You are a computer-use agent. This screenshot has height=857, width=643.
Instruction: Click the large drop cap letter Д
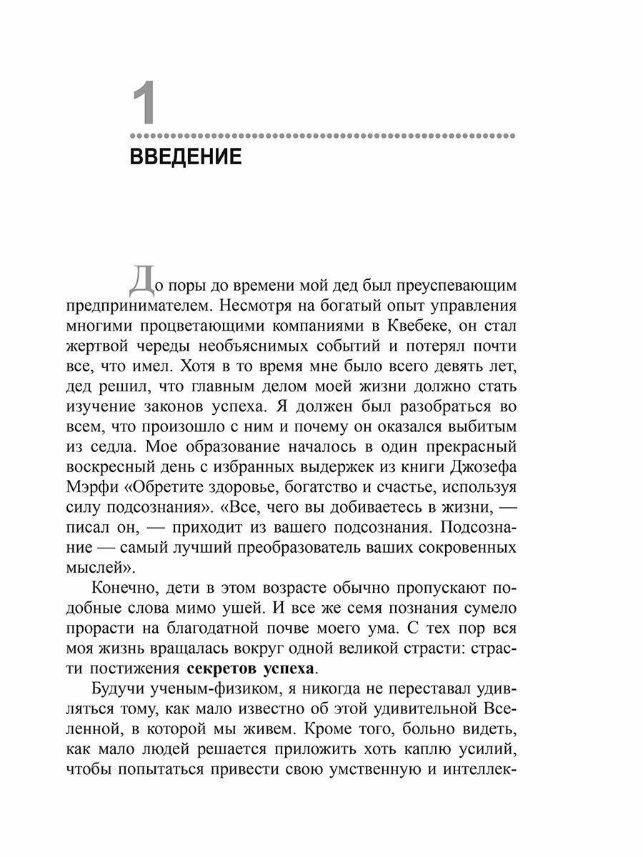[x=140, y=281]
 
